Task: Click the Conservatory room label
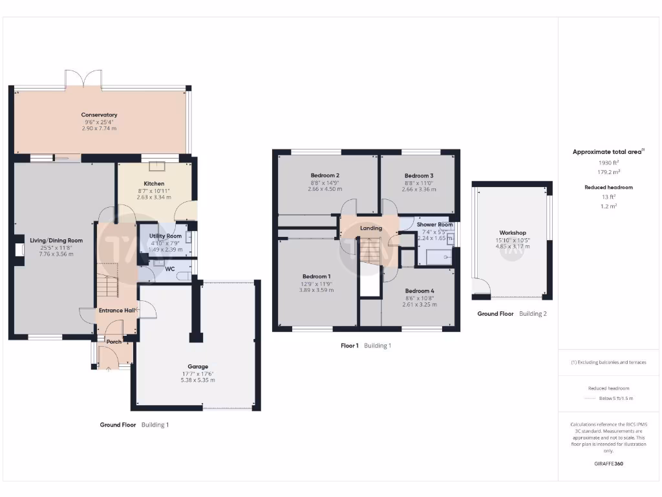(99, 115)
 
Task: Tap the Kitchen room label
(154, 184)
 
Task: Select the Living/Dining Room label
(56, 240)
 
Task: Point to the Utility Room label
(165, 236)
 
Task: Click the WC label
(170, 269)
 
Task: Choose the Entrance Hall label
(116, 311)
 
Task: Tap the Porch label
(114, 342)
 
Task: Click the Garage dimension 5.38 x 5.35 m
(198, 380)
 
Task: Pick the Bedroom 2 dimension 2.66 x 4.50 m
(325, 189)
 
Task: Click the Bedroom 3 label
(418, 175)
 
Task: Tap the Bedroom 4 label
(419, 291)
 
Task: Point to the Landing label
(371, 228)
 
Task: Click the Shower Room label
(434, 225)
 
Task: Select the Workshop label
(512, 232)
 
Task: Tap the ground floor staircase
(107, 285)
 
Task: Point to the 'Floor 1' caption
(349, 346)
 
